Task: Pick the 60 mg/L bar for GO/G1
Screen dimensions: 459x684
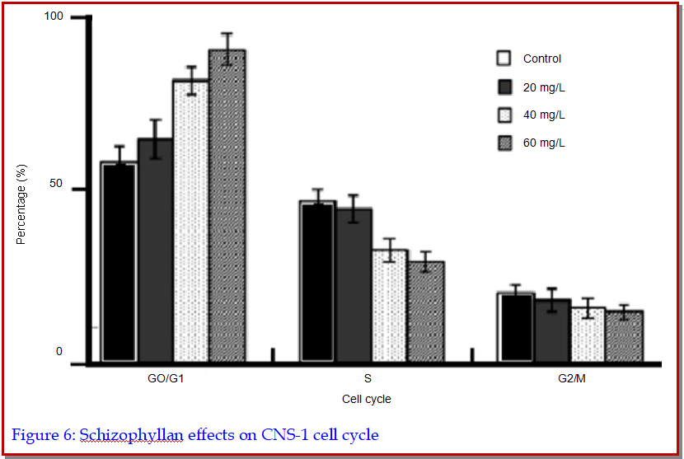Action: [227, 206]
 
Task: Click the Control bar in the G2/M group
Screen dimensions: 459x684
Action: [516, 327]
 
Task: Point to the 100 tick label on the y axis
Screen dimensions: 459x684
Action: [54, 17]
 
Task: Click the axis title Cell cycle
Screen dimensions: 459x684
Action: [366, 400]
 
